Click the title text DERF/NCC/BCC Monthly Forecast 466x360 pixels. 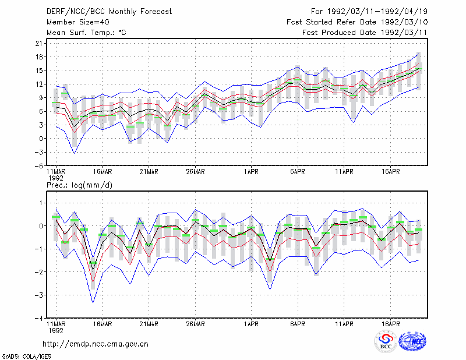click(x=109, y=12)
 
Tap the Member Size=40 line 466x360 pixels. click(x=78, y=22)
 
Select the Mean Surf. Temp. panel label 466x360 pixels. click(x=86, y=33)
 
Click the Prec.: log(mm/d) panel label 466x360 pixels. click(x=79, y=185)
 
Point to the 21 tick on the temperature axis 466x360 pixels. click(x=39, y=44)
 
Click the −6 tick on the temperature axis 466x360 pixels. click(x=39, y=166)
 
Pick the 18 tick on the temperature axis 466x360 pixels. click(x=39, y=57)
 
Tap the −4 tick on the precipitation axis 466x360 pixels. click(x=39, y=319)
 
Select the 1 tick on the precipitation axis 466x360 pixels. click(x=41, y=203)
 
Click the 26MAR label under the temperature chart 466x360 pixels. click(x=195, y=172)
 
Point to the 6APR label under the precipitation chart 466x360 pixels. click(x=298, y=324)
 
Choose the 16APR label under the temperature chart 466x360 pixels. click(x=390, y=172)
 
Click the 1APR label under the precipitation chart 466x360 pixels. click(x=251, y=324)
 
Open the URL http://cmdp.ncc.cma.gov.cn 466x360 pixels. click(x=96, y=344)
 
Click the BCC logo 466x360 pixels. click(x=386, y=341)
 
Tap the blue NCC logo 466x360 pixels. click(x=412, y=341)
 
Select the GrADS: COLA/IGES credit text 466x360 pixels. click(x=26, y=357)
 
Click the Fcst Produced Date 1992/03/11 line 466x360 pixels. click(x=365, y=33)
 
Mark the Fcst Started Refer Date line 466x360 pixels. click(x=357, y=22)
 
